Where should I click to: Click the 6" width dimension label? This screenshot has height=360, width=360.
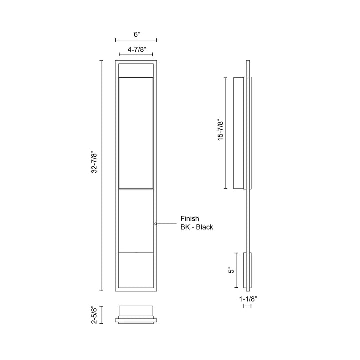click(137, 34)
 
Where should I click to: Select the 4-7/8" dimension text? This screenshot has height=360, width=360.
click(137, 49)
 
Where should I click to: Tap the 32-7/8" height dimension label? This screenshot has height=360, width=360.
click(94, 162)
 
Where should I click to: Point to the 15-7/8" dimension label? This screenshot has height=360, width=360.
click(220, 130)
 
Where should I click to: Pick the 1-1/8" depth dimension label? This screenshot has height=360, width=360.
click(248, 299)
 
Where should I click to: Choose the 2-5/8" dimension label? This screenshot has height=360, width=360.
click(94, 315)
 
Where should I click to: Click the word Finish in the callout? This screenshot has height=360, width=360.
click(190, 218)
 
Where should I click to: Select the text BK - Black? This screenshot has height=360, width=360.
click(197, 227)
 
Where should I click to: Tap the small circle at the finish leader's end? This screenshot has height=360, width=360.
click(156, 224)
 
